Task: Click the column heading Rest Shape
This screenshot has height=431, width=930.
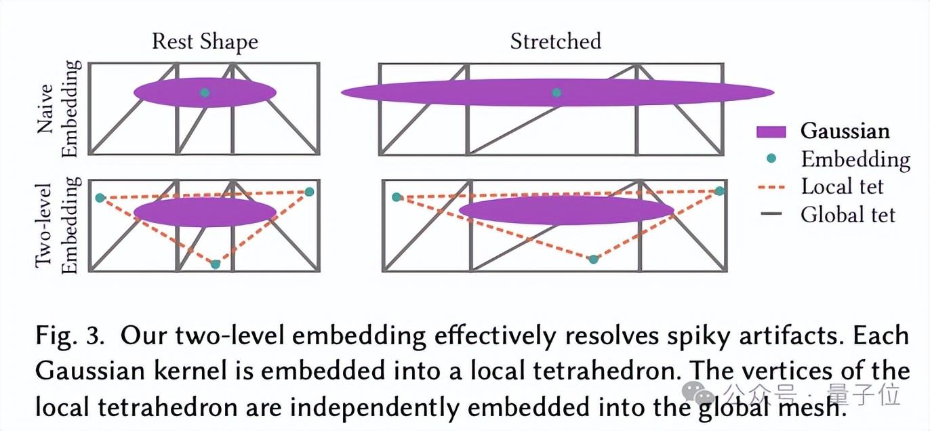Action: [205, 41]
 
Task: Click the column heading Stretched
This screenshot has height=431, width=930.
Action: [555, 41]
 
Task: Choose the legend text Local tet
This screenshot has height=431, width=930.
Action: [842, 186]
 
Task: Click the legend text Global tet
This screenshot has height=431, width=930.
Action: [848, 215]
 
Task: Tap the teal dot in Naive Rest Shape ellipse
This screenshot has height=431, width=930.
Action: [205, 92]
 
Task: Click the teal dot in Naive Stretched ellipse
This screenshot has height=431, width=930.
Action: [557, 92]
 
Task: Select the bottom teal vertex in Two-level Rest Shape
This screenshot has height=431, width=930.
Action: [216, 264]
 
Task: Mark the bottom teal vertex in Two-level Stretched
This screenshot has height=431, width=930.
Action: [594, 259]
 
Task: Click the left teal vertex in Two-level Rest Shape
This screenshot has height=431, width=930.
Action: [100, 198]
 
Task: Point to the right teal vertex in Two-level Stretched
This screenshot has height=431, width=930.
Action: [719, 191]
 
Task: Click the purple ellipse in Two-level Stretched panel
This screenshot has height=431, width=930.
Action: [566, 210]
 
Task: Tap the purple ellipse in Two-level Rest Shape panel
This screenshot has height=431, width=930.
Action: [205, 212]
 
